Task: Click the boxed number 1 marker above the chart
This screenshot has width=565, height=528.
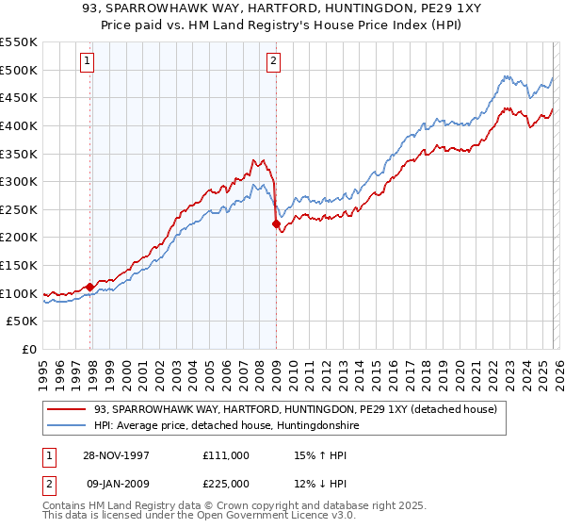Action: pos(87,62)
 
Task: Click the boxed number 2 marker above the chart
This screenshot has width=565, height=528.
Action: pos(273,62)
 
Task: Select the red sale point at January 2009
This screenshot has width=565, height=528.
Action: pos(276,224)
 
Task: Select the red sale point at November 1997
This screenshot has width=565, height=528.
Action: pos(90,287)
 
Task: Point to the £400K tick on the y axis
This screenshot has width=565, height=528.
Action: pos(19,125)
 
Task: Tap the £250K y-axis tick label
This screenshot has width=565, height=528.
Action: pos(19,209)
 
